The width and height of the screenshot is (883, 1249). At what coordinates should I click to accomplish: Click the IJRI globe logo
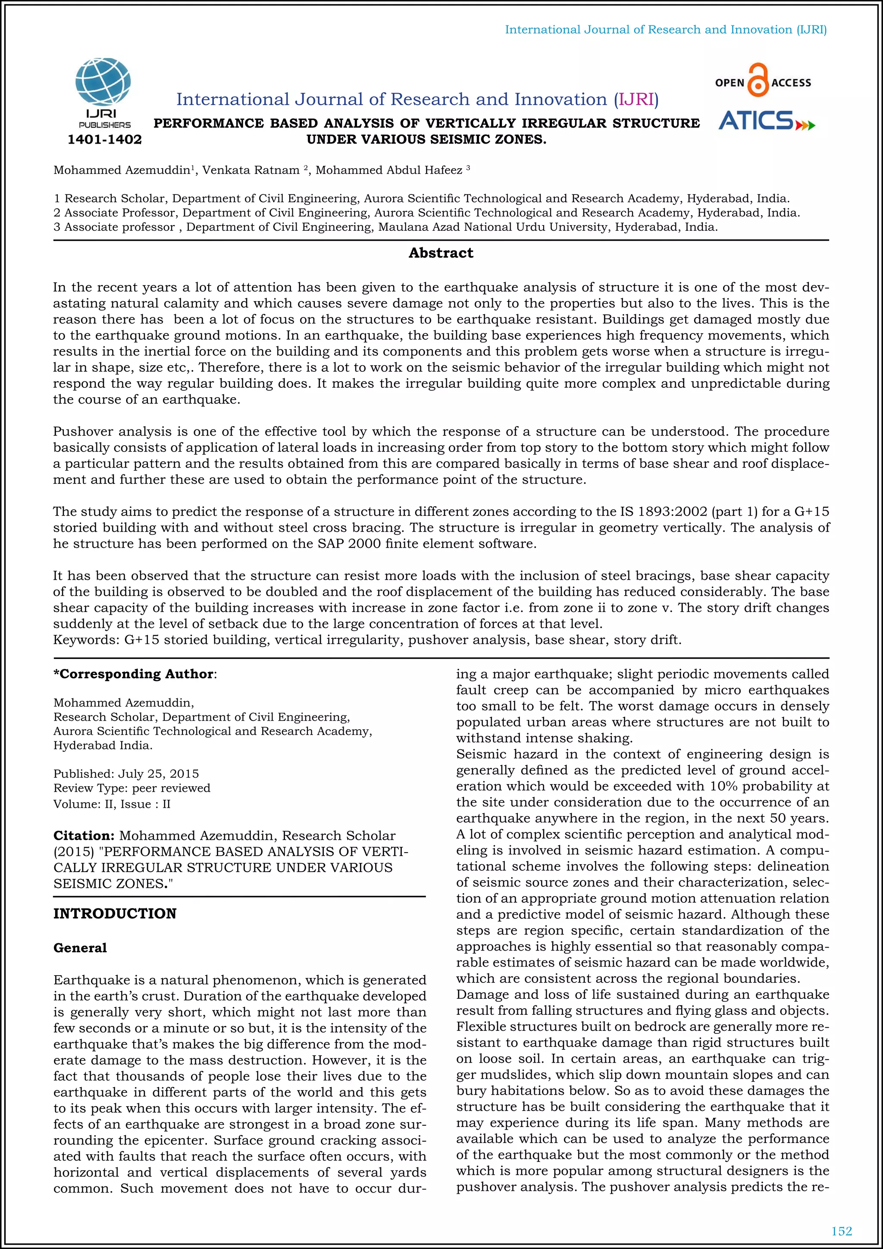tap(103, 83)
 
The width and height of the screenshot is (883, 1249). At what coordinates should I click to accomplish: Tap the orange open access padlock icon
tap(758, 81)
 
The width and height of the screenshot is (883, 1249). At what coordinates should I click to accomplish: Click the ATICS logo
tap(766, 121)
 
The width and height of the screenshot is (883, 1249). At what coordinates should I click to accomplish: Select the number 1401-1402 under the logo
tap(104, 140)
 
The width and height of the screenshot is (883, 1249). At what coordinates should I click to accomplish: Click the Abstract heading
tap(441, 253)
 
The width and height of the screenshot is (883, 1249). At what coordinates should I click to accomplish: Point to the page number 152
tap(842, 1231)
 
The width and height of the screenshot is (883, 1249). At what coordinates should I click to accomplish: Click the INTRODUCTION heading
tap(115, 913)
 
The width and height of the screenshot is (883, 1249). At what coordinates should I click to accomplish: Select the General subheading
tap(80, 948)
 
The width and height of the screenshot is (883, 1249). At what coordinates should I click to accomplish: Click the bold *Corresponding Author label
tap(134, 674)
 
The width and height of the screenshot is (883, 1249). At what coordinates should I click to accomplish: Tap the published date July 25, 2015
tap(158, 774)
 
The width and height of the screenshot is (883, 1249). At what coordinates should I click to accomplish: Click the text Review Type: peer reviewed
tap(132, 788)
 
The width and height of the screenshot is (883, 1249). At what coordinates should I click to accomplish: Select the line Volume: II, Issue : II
tap(112, 804)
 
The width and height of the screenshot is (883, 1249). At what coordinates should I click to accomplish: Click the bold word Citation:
tap(84, 835)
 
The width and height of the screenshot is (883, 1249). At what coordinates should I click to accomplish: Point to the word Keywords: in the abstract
tap(86, 640)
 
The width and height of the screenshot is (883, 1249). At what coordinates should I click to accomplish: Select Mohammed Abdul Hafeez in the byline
tap(389, 170)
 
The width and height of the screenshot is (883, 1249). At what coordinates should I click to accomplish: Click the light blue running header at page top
tap(666, 30)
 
